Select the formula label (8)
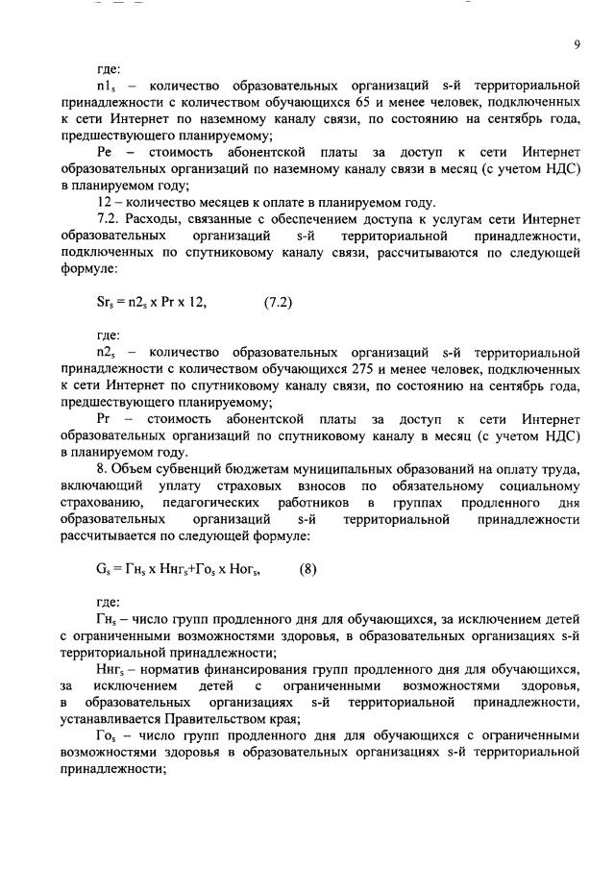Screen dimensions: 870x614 (x=307, y=568)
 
